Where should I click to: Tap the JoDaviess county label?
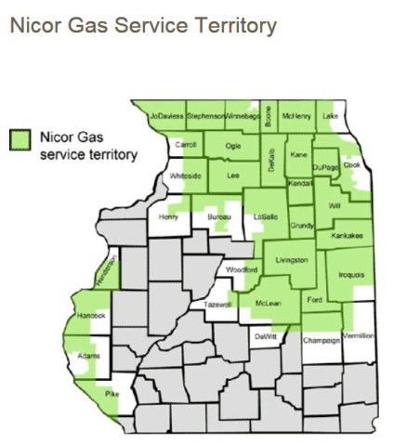point(166,116)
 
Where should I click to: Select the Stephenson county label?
point(205,116)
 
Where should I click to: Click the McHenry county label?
point(295,116)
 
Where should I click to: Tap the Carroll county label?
point(187,145)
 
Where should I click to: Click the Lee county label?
point(233,174)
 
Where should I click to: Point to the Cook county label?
point(351,165)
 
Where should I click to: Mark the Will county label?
point(335,206)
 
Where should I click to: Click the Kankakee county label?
point(347,236)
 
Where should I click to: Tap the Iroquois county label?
point(351,275)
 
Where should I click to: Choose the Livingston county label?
point(292,260)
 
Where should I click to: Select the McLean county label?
point(268,304)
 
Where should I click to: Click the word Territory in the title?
point(230,25)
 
